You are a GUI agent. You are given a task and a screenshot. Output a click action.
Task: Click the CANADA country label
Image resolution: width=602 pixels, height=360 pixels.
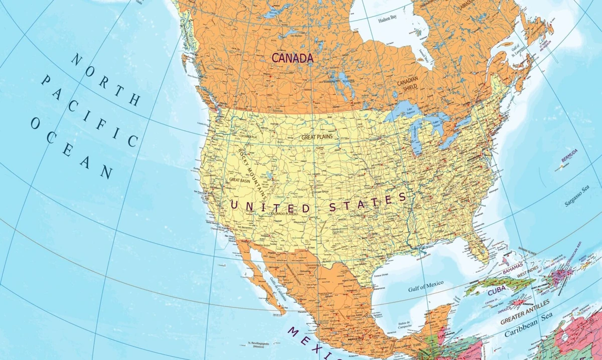tap(292, 58)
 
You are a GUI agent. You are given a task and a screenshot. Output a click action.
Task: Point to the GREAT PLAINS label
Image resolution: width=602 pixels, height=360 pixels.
tap(317, 136)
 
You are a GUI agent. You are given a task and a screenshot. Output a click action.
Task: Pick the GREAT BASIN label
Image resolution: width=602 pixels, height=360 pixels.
tap(239, 179)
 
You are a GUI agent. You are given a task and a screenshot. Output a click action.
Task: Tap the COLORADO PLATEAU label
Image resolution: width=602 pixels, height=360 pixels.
tap(283, 214)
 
